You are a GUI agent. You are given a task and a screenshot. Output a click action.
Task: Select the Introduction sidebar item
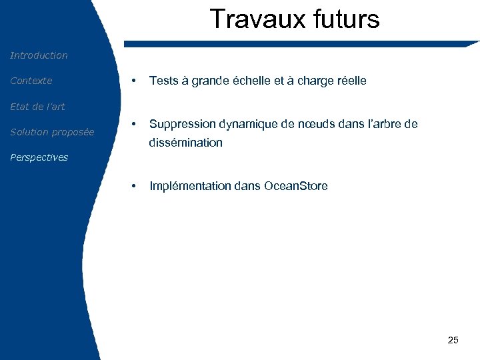tap(39, 55)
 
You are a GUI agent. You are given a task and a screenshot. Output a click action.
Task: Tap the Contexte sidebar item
tap(31, 81)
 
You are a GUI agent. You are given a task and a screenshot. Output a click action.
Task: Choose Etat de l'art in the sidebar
tap(37, 107)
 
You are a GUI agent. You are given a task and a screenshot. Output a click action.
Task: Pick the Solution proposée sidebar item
tap(52, 132)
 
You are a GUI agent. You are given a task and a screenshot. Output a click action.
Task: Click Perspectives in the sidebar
tap(39, 157)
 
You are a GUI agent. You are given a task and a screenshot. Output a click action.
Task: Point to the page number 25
tap(453, 340)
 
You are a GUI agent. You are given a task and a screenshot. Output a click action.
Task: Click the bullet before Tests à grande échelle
tap(135, 81)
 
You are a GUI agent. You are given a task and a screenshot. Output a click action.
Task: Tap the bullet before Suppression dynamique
tap(135, 124)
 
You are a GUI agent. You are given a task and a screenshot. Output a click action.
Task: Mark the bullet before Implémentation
tap(135, 186)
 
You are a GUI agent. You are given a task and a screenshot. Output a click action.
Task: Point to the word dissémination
tap(186, 143)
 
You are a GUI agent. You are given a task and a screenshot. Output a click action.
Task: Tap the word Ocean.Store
tap(295, 186)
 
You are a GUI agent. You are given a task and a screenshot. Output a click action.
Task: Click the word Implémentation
tap(191, 186)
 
